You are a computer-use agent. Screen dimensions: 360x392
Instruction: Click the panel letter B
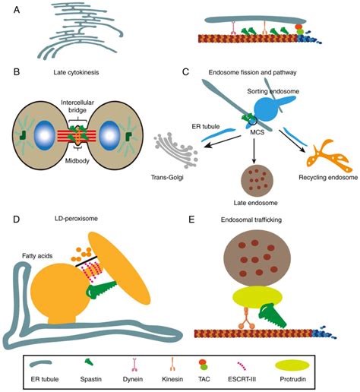tap(17, 72)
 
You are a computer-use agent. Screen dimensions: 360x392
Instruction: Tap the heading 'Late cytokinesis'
tap(76, 72)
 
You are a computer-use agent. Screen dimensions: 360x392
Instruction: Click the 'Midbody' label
tap(77, 161)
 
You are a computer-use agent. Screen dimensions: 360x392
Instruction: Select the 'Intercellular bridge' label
tap(77, 106)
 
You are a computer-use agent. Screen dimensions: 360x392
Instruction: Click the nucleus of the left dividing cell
tap(45, 135)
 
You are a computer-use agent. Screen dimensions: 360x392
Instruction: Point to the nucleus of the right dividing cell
tap(109, 135)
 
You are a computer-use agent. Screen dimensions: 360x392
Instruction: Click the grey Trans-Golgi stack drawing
tap(175, 150)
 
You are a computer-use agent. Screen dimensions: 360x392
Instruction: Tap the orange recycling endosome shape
tap(329, 156)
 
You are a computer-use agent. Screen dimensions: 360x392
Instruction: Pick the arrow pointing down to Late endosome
tap(254, 150)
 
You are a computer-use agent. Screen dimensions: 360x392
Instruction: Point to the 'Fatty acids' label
tap(37, 256)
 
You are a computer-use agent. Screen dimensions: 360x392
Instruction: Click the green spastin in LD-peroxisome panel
tap(101, 290)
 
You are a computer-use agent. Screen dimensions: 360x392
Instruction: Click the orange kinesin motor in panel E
tap(245, 318)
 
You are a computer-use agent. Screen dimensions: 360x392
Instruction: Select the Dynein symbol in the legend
tap(134, 365)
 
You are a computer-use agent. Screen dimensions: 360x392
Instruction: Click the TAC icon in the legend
tap(204, 364)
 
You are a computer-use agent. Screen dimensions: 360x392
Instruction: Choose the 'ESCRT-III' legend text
tap(242, 379)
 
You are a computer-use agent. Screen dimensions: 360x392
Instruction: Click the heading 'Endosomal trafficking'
tap(251, 220)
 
